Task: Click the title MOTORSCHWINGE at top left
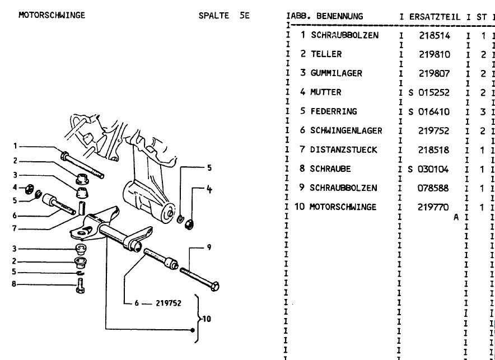point(52,15)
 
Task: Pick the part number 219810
point(435,54)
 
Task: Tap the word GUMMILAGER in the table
point(337,73)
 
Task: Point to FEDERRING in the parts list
point(333,111)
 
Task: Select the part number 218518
point(435,150)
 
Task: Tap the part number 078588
point(435,188)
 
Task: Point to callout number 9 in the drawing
point(208,247)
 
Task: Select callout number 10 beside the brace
point(207,320)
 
